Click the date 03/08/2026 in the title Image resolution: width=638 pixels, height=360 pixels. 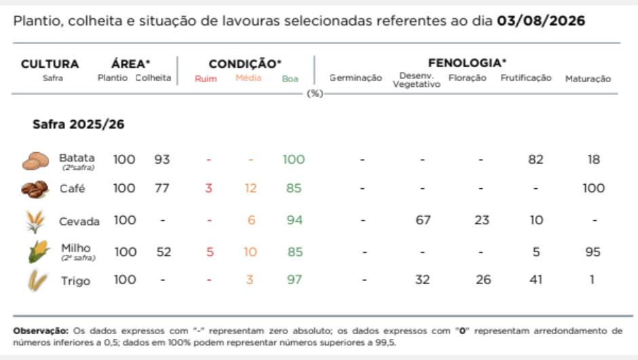[x=541, y=21]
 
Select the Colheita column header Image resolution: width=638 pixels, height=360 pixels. [x=153, y=78]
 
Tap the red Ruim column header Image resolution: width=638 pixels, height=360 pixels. [x=206, y=79]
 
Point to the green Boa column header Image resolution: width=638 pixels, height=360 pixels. [x=290, y=79]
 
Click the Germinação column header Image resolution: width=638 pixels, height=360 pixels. [x=356, y=78]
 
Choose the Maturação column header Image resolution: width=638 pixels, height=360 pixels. [x=588, y=79]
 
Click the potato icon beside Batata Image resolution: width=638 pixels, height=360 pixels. [x=35, y=160]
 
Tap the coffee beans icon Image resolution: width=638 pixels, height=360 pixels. [x=35, y=190]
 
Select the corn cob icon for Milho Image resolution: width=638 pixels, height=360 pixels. [x=39, y=251]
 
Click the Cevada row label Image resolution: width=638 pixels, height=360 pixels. [x=79, y=221]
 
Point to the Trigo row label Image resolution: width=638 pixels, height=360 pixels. [x=76, y=281]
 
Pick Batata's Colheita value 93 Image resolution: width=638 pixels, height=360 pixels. [x=162, y=159]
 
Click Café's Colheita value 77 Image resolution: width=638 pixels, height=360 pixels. [x=162, y=188]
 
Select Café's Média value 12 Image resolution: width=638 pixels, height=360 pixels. [x=250, y=188]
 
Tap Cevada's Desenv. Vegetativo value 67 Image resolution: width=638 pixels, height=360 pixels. [x=423, y=220]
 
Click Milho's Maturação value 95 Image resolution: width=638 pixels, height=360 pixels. [x=593, y=252]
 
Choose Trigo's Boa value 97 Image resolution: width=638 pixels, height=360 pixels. [x=294, y=280]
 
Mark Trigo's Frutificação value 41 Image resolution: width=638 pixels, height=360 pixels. [x=536, y=280]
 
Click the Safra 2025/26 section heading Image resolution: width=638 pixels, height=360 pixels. [x=79, y=124]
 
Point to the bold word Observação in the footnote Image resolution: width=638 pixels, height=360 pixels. [x=41, y=331]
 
